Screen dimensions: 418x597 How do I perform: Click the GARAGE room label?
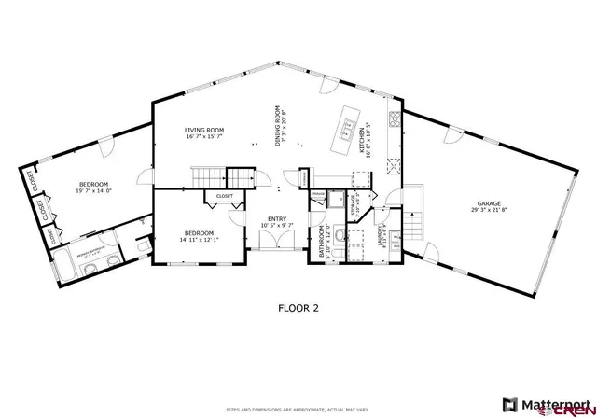[490, 202]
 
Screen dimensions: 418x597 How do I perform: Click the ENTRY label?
[277, 218]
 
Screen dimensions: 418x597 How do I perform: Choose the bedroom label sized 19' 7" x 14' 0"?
[93, 184]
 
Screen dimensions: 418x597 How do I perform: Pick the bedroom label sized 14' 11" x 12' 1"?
[199, 233]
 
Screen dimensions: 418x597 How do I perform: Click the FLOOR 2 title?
[299, 305]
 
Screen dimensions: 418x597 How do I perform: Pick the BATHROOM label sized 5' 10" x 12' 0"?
[320, 242]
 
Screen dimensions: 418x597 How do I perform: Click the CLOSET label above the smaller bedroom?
[225, 196]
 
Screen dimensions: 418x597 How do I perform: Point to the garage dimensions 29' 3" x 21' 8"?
[490, 210]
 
